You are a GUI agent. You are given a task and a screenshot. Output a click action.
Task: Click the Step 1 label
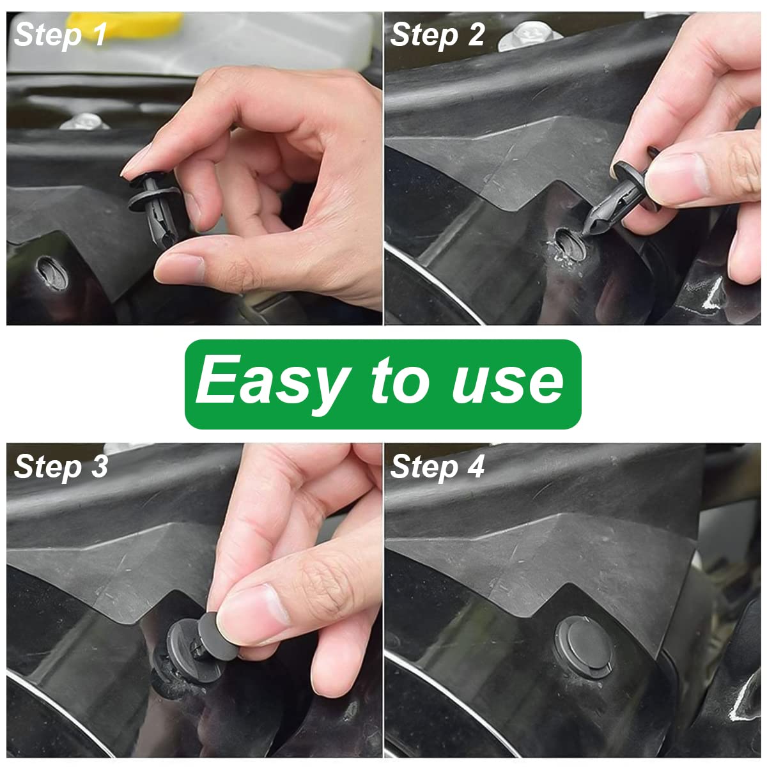(x=60, y=35)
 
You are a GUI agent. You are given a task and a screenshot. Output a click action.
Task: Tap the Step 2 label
(x=437, y=35)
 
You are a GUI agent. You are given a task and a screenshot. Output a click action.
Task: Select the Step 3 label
(x=61, y=467)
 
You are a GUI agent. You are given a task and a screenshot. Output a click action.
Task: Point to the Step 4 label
(x=437, y=467)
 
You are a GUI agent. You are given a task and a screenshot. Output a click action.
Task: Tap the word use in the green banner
(x=507, y=382)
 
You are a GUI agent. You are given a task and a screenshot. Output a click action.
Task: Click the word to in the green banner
(x=397, y=382)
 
